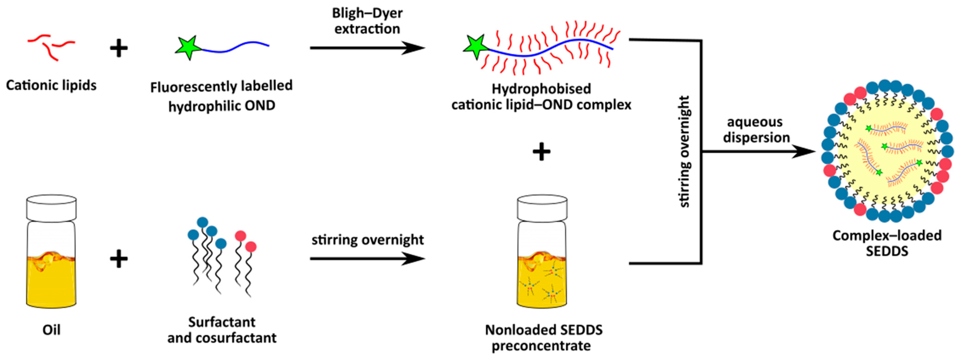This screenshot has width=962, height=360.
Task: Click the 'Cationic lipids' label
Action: coord(51,85)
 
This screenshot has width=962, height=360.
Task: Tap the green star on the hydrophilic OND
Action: coord(188,47)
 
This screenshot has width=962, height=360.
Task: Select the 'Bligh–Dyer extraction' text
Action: coord(367,21)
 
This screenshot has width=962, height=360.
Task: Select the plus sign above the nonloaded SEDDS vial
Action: coord(541,152)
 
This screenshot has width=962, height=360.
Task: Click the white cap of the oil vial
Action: coord(51,208)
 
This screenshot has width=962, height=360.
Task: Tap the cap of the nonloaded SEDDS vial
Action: coord(542,208)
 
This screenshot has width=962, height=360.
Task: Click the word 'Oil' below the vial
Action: coord(51,330)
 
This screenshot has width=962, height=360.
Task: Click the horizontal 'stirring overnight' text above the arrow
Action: coord(367,239)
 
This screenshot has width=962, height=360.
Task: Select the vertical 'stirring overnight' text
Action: coord(684,152)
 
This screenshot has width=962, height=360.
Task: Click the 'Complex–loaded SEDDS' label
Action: coord(887,243)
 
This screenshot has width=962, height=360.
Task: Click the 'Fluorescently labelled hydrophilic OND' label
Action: coord(221,96)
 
